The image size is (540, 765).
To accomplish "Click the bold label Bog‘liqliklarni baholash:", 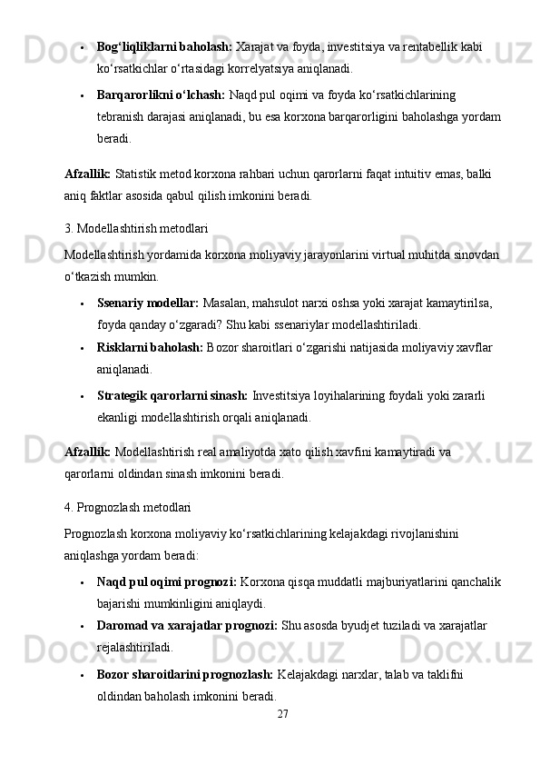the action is (x=164, y=45).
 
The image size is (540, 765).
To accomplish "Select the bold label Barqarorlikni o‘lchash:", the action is (x=162, y=94).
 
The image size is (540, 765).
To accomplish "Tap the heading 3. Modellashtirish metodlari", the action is (x=136, y=228).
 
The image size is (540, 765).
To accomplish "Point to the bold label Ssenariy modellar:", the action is (x=148, y=302).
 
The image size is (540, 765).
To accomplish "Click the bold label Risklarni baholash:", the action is (x=150, y=347).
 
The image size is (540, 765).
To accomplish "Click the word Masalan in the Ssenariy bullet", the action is (x=224, y=302).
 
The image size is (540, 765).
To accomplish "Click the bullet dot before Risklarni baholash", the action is (x=83, y=348).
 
